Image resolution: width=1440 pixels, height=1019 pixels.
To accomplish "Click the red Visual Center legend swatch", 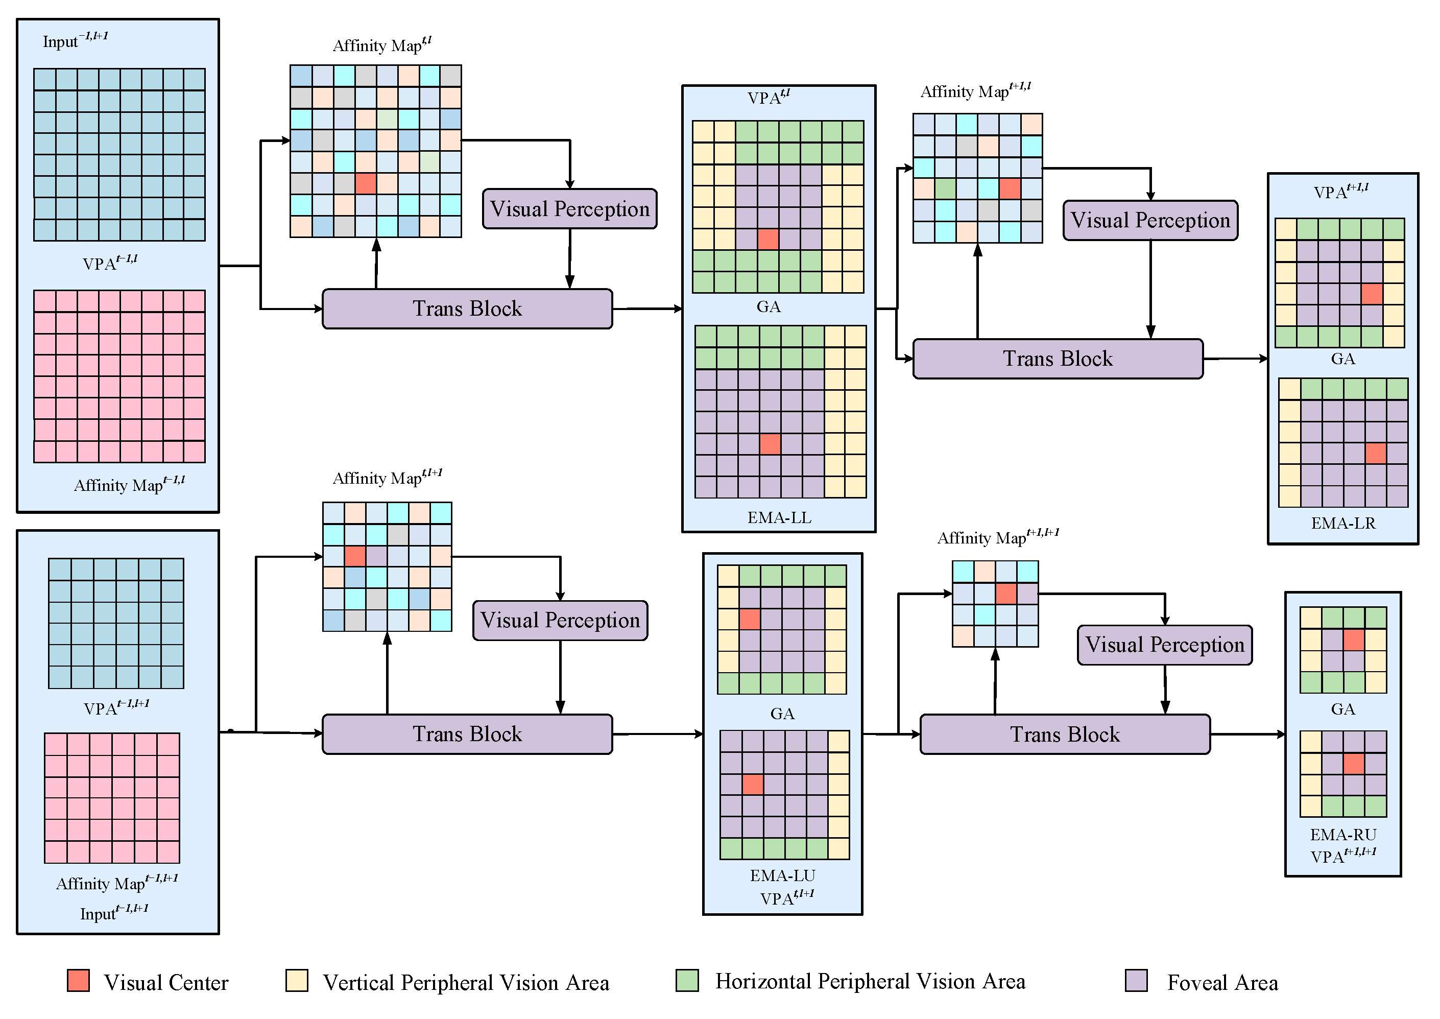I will coord(79,981).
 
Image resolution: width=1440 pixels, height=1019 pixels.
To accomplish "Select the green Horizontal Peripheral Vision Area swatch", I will coord(687,980).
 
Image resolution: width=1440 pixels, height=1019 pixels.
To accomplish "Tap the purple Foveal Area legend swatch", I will coord(1137,981).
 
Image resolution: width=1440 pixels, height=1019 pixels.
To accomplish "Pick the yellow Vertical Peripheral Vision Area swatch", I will coord(297,981).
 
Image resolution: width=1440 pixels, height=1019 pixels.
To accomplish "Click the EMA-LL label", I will coord(779,518).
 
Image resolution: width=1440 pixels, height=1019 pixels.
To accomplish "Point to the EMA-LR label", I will coord(1343,524).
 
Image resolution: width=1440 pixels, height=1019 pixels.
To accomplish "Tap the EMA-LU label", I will coord(783,876).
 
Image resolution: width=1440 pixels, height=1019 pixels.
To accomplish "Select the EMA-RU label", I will coord(1343,835).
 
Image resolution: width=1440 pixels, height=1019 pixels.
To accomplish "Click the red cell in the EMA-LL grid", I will coord(770,444).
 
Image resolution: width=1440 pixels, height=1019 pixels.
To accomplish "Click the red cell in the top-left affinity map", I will coord(366,184).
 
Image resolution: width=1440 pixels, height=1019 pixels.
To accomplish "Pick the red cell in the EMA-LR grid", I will coord(1375,453).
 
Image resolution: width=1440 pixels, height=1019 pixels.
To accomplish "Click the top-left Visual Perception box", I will coord(569,209).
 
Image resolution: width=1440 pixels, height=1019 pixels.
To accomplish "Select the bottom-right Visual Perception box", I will coord(1165,645).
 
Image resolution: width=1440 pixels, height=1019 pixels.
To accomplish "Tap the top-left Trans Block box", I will coord(467,309).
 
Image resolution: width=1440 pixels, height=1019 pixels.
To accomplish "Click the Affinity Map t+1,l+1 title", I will coord(997,537).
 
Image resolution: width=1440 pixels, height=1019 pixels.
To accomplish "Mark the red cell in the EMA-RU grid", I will coord(1354,764).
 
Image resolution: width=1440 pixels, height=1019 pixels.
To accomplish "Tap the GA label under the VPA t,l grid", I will coord(769,307).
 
